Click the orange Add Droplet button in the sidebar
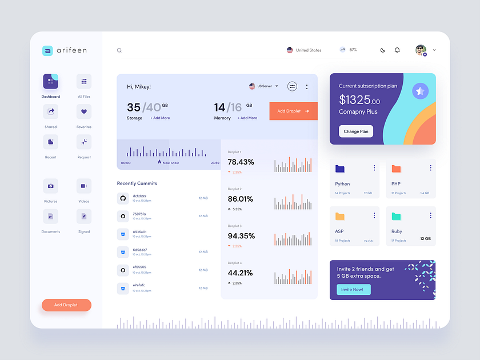tap(66, 305)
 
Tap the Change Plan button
tap(356, 131)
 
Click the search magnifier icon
tap(119, 50)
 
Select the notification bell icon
tap(397, 50)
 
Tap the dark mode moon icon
tap(383, 50)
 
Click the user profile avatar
tap(421, 50)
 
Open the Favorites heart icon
tap(84, 111)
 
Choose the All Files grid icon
tap(84, 82)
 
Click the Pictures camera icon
tap(50, 186)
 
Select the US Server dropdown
tap(264, 86)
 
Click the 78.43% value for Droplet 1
tap(241, 162)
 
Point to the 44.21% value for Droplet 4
tap(241, 273)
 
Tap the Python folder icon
tap(340, 169)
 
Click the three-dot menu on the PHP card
tap(430, 168)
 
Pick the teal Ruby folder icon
tap(396, 216)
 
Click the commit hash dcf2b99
tap(139, 196)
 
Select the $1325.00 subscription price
tap(359, 101)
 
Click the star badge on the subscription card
tap(421, 91)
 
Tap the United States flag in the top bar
tap(290, 50)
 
